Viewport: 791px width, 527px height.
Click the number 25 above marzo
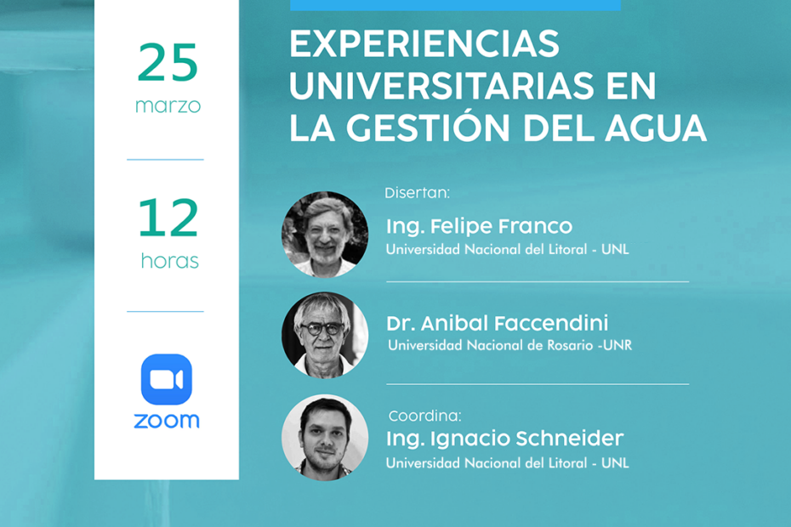[168, 62]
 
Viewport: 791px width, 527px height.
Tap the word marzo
[168, 106]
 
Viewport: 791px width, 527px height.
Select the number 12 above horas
[168, 218]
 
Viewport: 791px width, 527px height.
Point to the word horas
[170, 261]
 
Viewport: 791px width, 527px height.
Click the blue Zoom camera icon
[167, 379]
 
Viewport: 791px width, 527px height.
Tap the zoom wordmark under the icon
[167, 421]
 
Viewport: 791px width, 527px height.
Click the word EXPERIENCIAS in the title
[424, 44]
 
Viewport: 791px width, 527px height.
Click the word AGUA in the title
[656, 127]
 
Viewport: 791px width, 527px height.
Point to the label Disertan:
[417, 193]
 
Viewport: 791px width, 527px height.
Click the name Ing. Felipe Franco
[479, 226]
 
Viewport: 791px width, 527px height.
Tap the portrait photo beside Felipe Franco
[325, 235]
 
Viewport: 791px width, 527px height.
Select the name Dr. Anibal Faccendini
[498, 323]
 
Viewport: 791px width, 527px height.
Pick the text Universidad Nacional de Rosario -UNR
[510, 345]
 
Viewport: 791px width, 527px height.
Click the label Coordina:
[424, 416]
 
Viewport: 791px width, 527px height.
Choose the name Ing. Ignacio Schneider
[505, 439]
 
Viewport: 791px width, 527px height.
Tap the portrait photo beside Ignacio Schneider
[325, 438]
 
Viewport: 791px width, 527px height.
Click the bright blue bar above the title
[456, 5]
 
